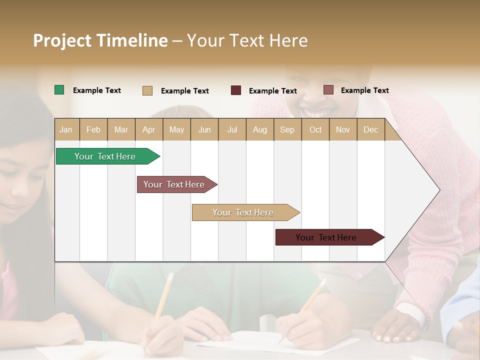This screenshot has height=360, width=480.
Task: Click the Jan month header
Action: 66,129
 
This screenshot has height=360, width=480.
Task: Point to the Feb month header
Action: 93,129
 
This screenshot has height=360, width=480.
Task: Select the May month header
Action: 176,129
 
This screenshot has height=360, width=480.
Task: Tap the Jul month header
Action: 232,129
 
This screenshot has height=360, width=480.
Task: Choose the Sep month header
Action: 287,129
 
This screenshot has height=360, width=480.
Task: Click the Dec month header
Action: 370,129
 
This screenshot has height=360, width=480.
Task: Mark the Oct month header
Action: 315,129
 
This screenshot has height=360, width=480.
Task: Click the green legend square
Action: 59,90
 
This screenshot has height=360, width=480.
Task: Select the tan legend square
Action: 147,90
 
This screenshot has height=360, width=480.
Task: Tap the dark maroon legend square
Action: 236,90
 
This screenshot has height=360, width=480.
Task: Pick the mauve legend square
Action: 328,90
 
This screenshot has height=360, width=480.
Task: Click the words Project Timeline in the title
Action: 100,40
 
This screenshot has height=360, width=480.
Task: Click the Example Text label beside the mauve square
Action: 364,90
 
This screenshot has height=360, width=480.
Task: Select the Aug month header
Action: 259,129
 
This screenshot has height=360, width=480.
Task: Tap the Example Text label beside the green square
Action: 97,90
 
